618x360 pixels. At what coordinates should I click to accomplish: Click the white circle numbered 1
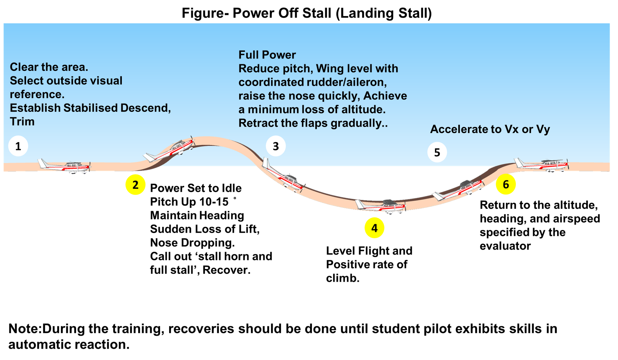click(18, 146)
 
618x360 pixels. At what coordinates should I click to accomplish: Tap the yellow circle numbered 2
click(135, 185)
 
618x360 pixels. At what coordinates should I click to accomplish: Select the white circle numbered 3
click(275, 146)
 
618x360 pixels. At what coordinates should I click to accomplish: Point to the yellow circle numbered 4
click(374, 228)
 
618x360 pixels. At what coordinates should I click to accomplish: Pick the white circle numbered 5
click(437, 152)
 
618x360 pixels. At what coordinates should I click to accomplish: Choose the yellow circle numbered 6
click(506, 184)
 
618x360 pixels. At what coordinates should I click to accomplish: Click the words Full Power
click(267, 55)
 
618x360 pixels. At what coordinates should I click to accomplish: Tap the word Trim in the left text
click(22, 122)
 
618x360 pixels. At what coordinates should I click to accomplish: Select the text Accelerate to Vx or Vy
click(490, 129)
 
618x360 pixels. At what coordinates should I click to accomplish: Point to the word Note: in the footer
click(25, 329)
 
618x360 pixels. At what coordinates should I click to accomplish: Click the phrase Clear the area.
click(49, 67)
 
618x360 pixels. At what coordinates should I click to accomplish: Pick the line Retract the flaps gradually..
click(313, 123)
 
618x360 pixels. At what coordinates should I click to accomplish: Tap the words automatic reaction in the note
click(69, 345)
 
